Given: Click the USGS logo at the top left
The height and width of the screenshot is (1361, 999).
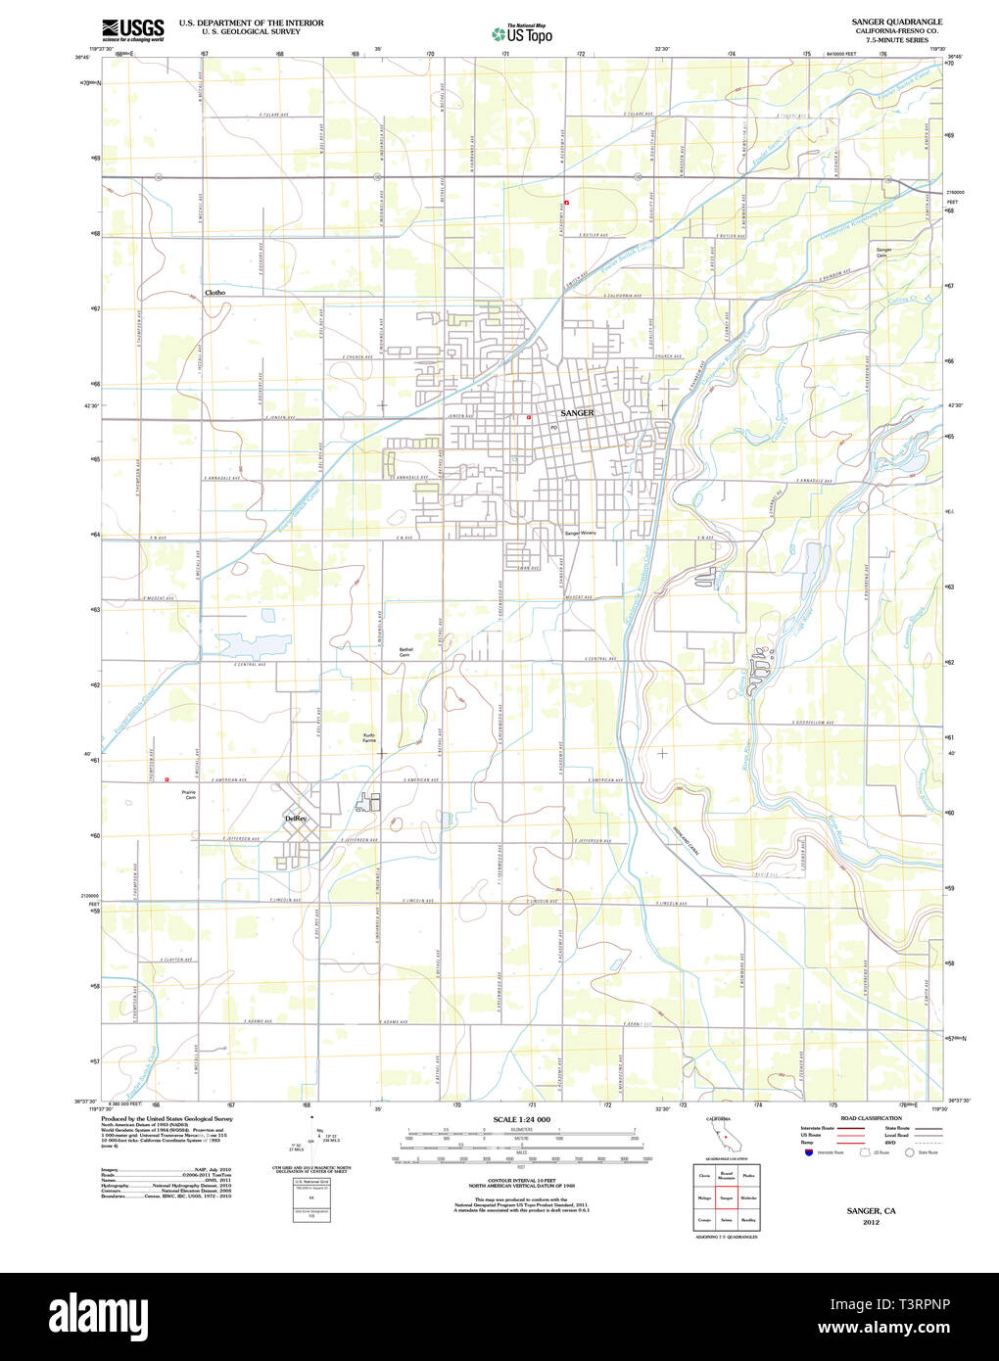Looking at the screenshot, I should tap(133, 28).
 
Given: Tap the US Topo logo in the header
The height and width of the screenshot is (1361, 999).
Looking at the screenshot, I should tap(522, 34).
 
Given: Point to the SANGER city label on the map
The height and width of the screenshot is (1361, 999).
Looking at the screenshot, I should tap(577, 413).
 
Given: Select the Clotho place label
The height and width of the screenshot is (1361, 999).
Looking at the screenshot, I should tap(214, 293).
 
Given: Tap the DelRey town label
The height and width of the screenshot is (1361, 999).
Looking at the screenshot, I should tap(295, 818).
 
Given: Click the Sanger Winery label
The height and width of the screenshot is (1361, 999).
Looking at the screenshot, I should tap(580, 534).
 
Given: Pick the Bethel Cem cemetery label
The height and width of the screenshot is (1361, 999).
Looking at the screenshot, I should tap(405, 652).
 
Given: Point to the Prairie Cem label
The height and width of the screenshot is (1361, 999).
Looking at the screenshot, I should tap(190, 795).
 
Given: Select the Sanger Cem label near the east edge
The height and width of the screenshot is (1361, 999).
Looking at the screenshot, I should tap(883, 253).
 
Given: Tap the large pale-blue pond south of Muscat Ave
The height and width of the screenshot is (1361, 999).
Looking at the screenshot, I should tap(241, 644).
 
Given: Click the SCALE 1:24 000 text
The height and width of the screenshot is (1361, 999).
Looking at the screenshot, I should tap(521, 1119).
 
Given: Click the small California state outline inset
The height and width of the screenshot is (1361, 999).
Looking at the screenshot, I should tap(725, 1138).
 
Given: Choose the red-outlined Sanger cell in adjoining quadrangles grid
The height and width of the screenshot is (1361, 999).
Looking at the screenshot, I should tap(726, 1197).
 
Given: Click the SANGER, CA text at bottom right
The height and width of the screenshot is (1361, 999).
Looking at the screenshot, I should tap(871, 1211).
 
